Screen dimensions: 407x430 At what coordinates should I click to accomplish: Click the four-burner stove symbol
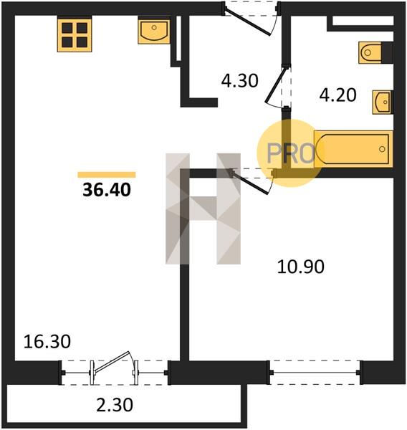point(75,35)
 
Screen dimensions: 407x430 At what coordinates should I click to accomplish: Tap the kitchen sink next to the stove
point(154,30)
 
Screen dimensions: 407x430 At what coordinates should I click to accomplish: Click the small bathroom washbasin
point(383,102)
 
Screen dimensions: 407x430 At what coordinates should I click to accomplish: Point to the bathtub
point(353,149)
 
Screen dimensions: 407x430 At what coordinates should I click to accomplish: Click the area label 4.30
point(240,81)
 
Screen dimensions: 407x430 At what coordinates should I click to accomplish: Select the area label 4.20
point(338,95)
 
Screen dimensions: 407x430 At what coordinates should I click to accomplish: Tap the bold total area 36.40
point(107,190)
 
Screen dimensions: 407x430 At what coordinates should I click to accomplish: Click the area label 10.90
point(300,267)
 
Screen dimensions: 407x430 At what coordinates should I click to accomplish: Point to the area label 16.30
point(47,342)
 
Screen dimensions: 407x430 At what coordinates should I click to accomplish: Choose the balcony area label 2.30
point(115,405)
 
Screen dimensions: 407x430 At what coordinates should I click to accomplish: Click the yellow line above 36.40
point(107,175)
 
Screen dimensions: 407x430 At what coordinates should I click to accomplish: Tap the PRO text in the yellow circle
point(291,153)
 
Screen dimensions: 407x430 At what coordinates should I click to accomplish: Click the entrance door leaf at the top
point(247,21)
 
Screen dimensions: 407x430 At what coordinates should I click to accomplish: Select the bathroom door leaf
point(276,85)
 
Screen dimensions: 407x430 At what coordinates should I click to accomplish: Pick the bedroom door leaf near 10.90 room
point(250,183)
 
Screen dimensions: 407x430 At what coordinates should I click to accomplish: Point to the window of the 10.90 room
point(315,373)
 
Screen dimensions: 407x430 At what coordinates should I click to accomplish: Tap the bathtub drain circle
point(382,149)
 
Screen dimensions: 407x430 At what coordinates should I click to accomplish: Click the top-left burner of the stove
point(67,28)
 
